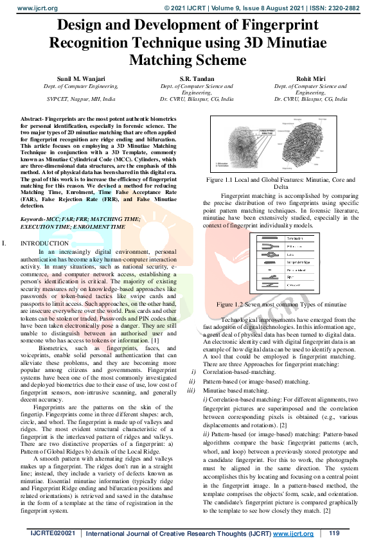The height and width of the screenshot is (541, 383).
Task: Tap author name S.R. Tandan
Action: click(x=197, y=78)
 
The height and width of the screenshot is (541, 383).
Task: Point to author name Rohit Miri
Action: click(x=310, y=78)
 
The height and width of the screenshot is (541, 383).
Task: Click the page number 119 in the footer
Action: click(x=334, y=533)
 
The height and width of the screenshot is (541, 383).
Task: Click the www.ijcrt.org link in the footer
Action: click(x=292, y=533)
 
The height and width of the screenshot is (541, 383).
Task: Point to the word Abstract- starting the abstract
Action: click(x=35, y=120)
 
